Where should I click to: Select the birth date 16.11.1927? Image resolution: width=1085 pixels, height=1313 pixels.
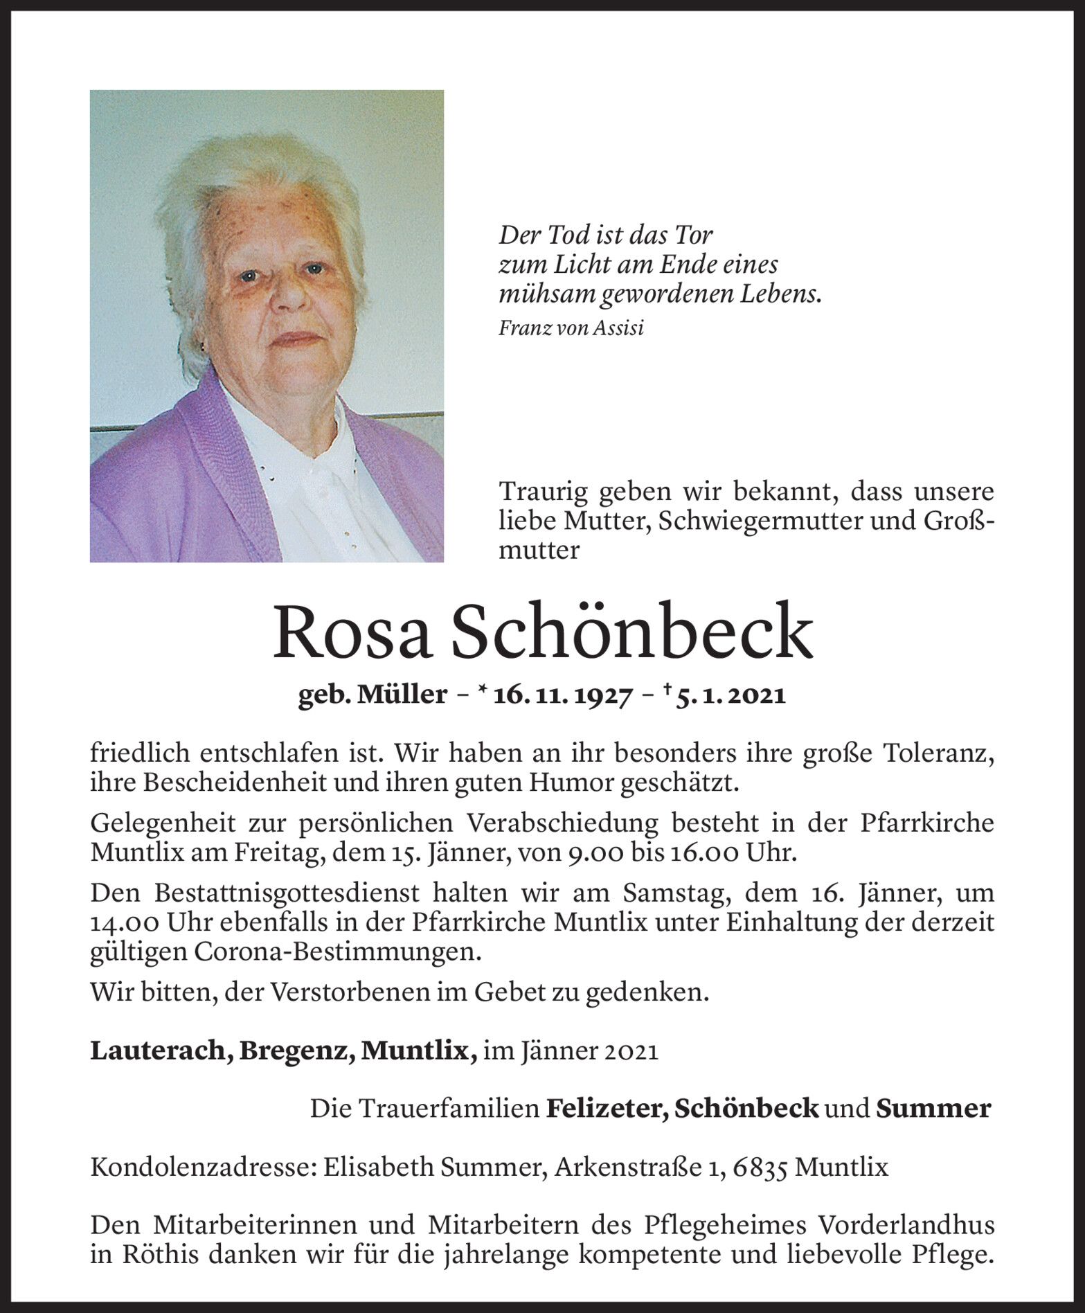coord(562,695)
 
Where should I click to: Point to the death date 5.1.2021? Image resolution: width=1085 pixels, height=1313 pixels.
coord(737,695)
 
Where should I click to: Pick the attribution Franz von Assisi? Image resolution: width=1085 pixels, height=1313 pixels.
coord(571,328)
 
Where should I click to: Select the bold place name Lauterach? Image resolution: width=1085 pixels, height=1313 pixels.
coord(161,1051)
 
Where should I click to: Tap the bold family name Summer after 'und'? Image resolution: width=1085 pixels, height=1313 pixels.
coord(933,1109)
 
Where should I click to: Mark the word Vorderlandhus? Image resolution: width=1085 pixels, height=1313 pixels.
coord(906,1226)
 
